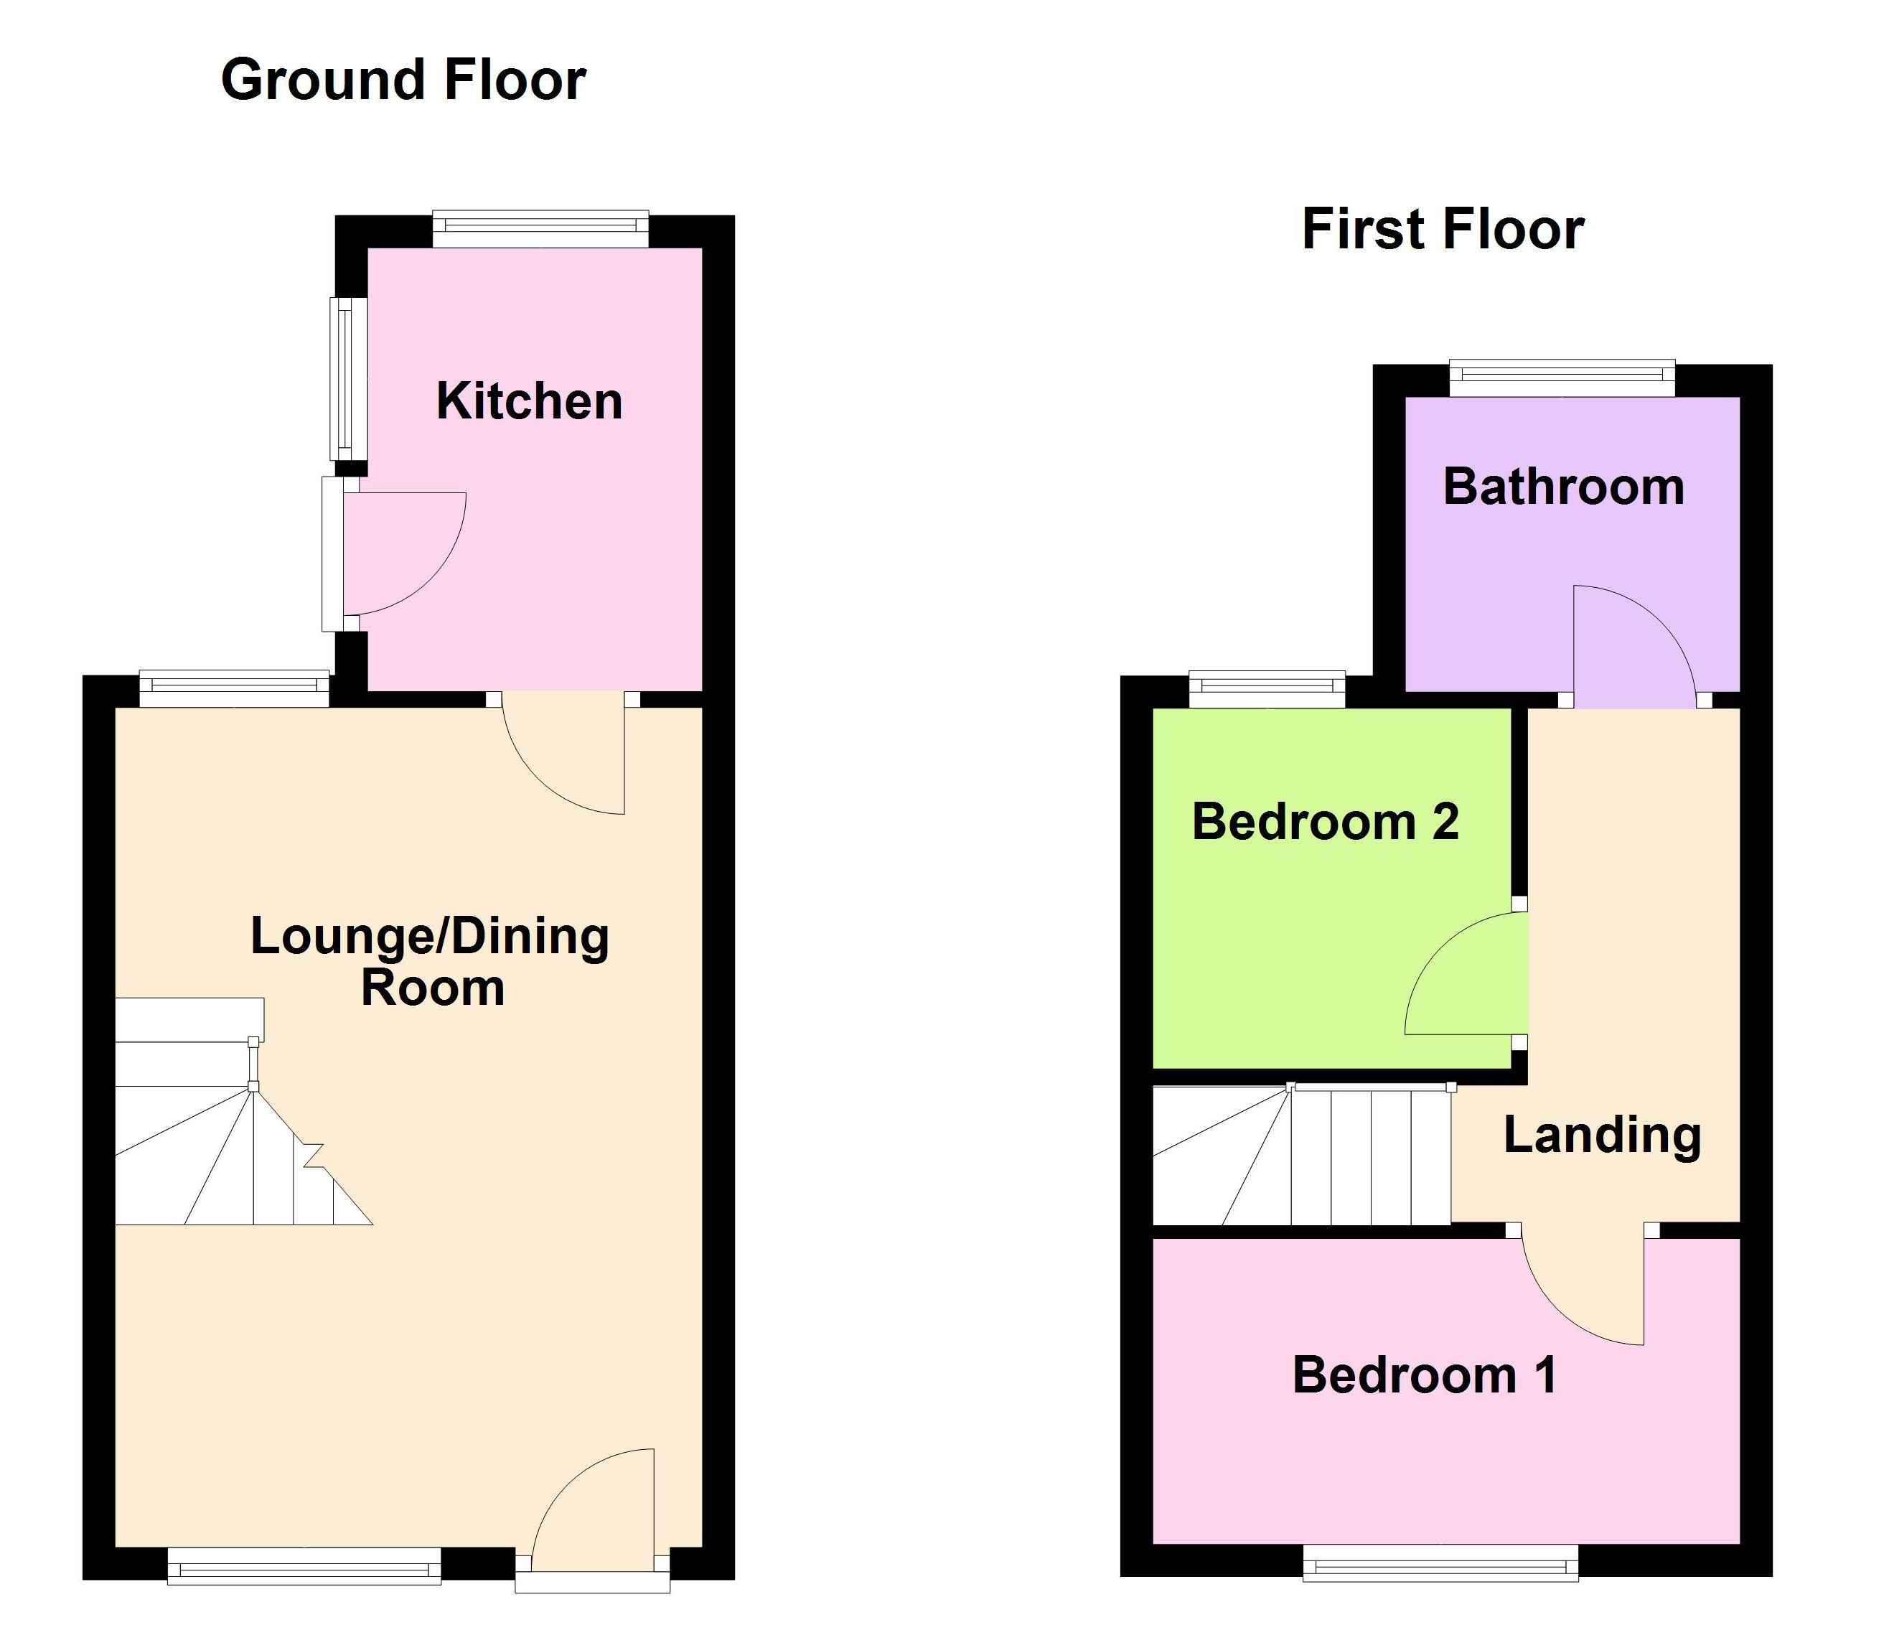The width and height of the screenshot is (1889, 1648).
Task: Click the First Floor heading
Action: point(1442,230)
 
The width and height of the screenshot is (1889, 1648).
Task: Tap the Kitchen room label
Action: point(529,402)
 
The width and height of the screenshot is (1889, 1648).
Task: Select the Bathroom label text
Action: point(1563,487)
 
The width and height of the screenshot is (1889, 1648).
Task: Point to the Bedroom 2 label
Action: point(1324,821)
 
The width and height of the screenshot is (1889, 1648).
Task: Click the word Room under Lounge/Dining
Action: point(432,988)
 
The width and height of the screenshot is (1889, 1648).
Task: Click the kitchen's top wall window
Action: point(540,229)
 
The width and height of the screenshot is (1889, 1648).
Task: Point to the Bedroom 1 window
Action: point(1440,1563)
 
